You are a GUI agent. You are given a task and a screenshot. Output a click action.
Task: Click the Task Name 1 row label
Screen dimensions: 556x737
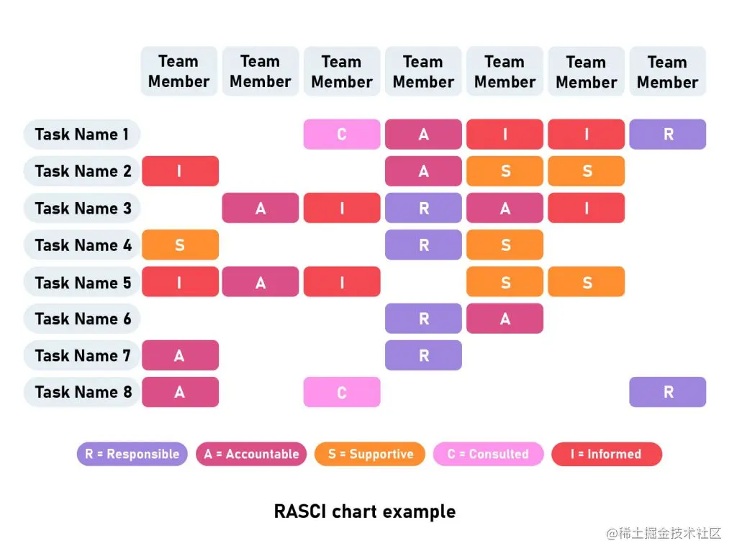coord(81,135)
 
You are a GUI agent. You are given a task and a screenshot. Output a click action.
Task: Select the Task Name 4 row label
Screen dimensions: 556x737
coord(81,245)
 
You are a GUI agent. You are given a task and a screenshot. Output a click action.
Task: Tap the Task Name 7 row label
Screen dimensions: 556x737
coord(81,355)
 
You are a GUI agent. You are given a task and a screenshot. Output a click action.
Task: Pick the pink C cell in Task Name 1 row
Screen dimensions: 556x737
coord(342,135)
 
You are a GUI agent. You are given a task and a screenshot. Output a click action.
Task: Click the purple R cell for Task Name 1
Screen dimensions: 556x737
coord(668,135)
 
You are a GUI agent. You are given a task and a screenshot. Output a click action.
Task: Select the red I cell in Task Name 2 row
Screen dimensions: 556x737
coord(180,171)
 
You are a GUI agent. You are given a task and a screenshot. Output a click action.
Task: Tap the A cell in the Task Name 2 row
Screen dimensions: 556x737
coord(423,171)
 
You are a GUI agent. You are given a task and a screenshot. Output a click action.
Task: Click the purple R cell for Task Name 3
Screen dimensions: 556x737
coord(423,209)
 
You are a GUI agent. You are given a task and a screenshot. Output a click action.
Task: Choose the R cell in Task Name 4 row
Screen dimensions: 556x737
coord(423,245)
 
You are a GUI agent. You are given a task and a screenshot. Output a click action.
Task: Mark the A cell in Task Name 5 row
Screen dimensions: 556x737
coord(261,282)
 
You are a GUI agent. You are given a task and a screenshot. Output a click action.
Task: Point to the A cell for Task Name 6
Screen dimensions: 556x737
coord(505,319)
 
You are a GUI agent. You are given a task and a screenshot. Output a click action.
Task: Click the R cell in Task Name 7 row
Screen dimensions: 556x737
coord(423,355)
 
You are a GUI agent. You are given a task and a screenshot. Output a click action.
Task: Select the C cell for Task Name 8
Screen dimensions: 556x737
coord(342,392)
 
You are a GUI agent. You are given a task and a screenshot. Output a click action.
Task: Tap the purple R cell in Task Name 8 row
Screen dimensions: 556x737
coord(668,392)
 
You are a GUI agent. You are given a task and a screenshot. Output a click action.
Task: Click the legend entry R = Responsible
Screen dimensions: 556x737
coord(132,454)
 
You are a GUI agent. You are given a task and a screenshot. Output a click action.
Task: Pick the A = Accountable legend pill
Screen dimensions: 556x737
coord(251,454)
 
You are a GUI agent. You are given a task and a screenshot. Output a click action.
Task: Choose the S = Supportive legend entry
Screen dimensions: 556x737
coord(370,454)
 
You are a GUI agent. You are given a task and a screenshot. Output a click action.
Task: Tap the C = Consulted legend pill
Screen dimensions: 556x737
coord(488,454)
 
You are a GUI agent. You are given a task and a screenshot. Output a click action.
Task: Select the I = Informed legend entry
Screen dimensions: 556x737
coord(606,454)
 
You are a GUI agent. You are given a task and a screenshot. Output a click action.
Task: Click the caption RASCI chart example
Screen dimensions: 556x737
coord(365,511)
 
